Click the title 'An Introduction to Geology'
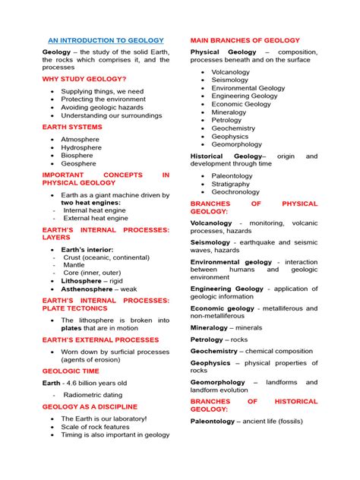point(106,40)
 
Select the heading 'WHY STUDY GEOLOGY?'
point(84,79)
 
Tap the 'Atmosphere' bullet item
point(81,140)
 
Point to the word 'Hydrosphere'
point(83,147)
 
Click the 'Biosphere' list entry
point(79,155)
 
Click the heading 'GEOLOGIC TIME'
point(71,371)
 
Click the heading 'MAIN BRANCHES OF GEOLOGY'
point(245,40)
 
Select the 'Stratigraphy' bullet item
point(230,184)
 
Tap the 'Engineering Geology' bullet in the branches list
point(245,96)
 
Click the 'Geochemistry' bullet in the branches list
point(233,128)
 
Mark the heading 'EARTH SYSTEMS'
point(72,128)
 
